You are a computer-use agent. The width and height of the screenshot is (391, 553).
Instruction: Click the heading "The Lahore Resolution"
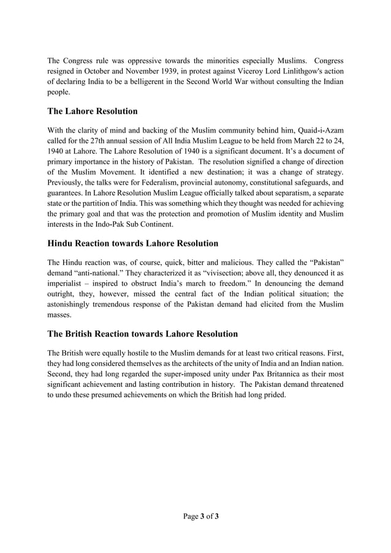click(x=93, y=111)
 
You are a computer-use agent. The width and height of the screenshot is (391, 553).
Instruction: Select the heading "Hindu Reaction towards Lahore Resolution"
click(x=132, y=243)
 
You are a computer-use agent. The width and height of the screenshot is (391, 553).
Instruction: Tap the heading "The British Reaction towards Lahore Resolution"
click(x=142, y=334)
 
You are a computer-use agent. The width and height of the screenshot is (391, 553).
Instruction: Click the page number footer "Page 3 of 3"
click(x=201, y=516)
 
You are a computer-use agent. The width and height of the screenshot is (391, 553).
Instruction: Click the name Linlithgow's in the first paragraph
click(x=300, y=72)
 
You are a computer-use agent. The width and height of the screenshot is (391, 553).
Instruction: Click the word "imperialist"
click(x=69, y=283)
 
